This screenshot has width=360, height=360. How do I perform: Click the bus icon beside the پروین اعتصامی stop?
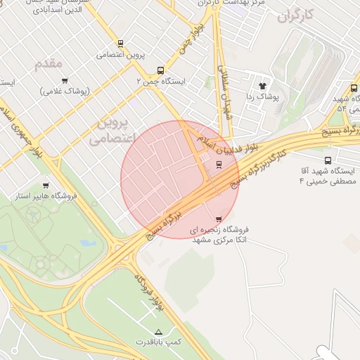coord(120,43)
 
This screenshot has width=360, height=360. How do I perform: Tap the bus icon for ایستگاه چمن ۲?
coord(161,70)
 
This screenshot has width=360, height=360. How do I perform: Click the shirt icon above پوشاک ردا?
coord(264,84)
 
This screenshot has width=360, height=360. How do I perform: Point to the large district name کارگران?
coord(303,15)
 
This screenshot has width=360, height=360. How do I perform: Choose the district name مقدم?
coord(49,64)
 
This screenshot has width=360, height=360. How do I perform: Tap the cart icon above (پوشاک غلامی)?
coord(65,81)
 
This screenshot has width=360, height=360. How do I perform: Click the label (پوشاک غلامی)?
coord(65,91)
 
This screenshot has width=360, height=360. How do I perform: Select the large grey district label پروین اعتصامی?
coord(110,131)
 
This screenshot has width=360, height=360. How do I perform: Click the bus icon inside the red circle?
coord(219,165)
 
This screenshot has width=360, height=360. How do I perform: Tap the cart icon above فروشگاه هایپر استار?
coord(46,185)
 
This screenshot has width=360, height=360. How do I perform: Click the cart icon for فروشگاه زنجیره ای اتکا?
coord(218,219)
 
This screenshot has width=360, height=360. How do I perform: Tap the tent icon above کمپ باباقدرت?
coord(157,331)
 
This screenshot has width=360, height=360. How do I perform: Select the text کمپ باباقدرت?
coord(158,342)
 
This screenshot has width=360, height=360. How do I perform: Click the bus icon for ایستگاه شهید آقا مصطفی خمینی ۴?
coord(328,160)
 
